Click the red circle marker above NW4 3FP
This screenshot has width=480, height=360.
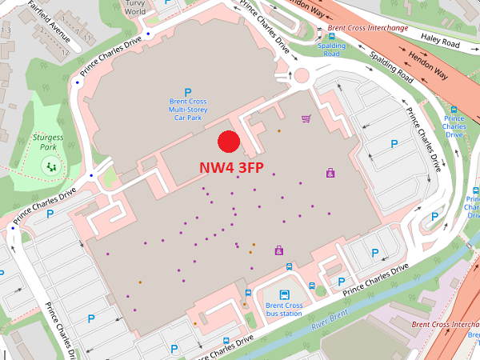pos(230,142)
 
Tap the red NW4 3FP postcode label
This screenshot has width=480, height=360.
pos(232,169)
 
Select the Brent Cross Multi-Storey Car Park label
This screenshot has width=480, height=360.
pos(187,110)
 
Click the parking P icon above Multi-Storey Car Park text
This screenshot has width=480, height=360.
pos(188,92)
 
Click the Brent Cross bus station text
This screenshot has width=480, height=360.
pos(284,310)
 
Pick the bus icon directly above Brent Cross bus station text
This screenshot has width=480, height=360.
pos(284,294)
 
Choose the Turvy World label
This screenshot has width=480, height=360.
pos(134,7)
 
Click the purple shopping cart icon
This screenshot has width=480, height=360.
pos(306,119)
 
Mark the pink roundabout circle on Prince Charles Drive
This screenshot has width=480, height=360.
pos(302,78)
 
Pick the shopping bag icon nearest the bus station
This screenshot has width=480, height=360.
pos(278,250)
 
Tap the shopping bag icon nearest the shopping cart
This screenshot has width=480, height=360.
pos(330,173)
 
